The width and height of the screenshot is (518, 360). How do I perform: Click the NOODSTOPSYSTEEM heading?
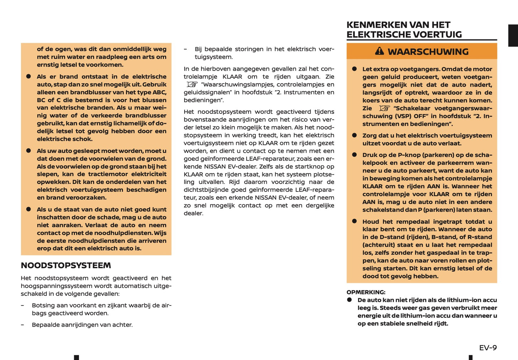[x=66, y=266]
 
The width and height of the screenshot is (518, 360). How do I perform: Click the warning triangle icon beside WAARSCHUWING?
[x=379, y=51]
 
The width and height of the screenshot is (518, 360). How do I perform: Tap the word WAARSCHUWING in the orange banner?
[x=428, y=52]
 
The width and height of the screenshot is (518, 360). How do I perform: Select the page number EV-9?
[x=488, y=347]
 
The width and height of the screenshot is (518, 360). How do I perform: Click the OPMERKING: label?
[x=366, y=292]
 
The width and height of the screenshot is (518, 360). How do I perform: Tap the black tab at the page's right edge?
[x=513, y=35]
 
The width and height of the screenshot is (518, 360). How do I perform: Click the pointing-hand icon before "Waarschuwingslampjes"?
[x=192, y=85]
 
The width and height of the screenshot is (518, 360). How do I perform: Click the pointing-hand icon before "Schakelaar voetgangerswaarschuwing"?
[x=384, y=108]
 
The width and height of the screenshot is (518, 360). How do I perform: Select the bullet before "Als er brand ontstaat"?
[x=28, y=76]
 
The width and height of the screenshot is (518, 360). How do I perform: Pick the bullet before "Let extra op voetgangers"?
[x=354, y=69]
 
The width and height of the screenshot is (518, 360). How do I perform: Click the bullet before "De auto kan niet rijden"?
[x=349, y=300]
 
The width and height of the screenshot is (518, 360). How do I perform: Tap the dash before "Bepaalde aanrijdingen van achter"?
[x=23, y=325]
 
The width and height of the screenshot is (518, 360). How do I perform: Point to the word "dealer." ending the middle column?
[x=194, y=213]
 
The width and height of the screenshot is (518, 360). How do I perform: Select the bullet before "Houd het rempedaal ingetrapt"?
[x=354, y=222]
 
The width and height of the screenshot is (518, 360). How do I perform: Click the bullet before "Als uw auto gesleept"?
[x=28, y=151]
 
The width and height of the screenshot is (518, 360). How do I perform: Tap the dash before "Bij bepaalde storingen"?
[x=185, y=49]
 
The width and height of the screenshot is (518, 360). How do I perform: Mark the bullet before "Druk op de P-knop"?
[x=354, y=155]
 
